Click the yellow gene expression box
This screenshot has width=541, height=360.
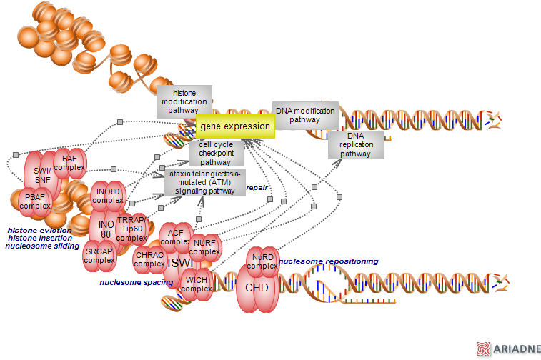[x=235, y=126]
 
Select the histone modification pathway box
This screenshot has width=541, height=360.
[x=184, y=101]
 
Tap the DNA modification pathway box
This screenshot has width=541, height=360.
[x=305, y=115]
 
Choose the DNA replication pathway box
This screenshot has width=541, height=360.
[x=356, y=144]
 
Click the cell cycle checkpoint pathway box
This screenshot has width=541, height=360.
[x=215, y=154]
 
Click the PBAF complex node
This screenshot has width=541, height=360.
[x=35, y=201]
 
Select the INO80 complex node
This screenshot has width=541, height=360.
[x=108, y=196]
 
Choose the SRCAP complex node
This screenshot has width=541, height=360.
[x=99, y=255]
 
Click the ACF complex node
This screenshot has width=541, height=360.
[x=174, y=237]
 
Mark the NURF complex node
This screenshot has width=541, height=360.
[x=204, y=247]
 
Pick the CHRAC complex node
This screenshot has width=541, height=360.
[x=149, y=259]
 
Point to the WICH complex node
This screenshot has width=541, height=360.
[x=196, y=284]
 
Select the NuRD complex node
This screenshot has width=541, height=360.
[x=262, y=261]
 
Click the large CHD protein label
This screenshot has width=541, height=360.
[x=257, y=287]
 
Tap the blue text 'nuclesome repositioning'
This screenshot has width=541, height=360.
[x=329, y=261]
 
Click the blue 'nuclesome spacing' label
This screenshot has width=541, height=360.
[x=136, y=282]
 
